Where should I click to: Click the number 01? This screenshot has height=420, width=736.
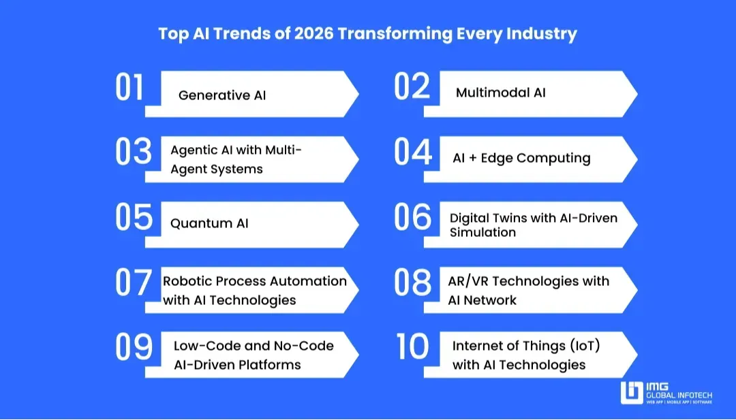click(x=129, y=86)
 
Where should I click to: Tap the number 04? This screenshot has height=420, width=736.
click(x=412, y=152)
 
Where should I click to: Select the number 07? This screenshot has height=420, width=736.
click(x=134, y=282)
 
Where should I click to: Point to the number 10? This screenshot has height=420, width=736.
click(x=412, y=347)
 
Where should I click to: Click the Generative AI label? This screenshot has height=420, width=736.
click(x=222, y=95)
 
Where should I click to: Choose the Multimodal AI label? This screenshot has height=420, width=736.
click(x=501, y=93)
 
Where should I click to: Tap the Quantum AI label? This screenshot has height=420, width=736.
click(x=209, y=223)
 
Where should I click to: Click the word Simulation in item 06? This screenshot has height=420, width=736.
click(x=482, y=233)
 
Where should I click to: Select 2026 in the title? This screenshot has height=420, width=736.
click(x=313, y=34)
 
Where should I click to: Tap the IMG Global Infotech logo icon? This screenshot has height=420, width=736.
click(x=631, y=393)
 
